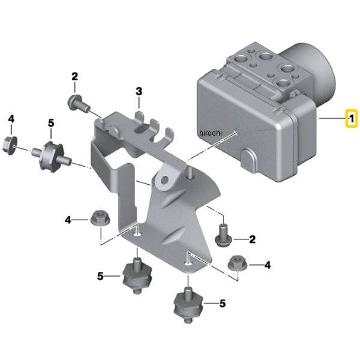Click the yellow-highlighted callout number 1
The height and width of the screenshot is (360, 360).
(x=352, y=119)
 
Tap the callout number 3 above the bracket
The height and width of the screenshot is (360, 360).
(x=139, y=91)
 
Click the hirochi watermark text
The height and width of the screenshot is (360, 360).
(x=211, y=133)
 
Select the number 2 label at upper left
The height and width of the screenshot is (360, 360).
(x=74, y=76)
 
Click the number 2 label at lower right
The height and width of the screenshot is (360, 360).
(x=253, y=239)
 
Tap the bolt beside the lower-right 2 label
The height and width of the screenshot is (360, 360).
(x=223, y=236)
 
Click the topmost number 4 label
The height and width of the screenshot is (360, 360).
(x=11, y=119)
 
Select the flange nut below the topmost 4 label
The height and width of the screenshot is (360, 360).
(x=10, y=145)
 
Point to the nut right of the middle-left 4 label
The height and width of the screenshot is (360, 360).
(x=100, y=218)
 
